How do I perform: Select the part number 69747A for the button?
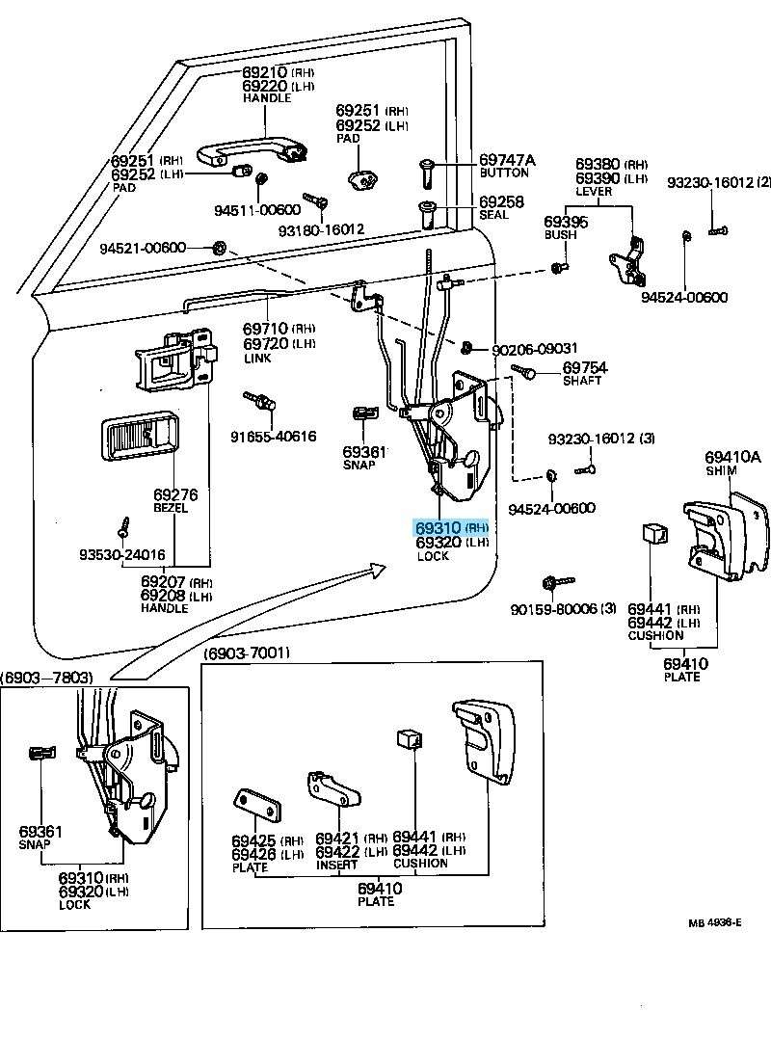[x=507, y=160]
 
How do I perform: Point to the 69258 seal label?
[x=502, y=201]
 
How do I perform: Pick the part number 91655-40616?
[x=273, y=436]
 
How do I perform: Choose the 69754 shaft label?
[x=585, y=368]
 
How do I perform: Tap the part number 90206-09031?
[x=535, y=349]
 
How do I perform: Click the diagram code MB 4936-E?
[x=714, y=922]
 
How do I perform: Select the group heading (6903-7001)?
[x=246, y=653]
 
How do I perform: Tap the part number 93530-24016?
[x=122, y=555]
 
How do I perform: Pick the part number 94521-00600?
[x=143, y=249]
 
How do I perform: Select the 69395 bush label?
[x=566, y=222]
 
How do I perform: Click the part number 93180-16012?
[x=322, y=230]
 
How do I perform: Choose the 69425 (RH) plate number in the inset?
[x=253, y=839]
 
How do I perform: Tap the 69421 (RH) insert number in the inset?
[x=338, y=839]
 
